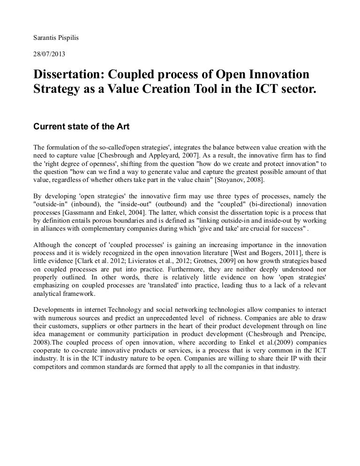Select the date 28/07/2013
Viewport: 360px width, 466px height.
[x=49, y=54]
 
